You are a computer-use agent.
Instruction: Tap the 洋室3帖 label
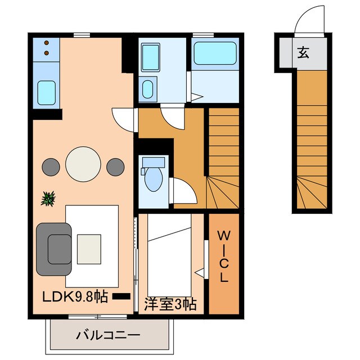coord(170,304)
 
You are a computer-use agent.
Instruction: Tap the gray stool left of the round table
coord(51,166)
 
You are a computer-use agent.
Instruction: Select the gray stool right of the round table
coord(115,166)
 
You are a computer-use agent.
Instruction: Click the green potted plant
coord(49,198)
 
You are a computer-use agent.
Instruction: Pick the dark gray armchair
coord(55,248)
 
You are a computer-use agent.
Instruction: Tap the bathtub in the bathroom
coord(217,54)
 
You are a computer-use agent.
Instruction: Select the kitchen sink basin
coord(46,91)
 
